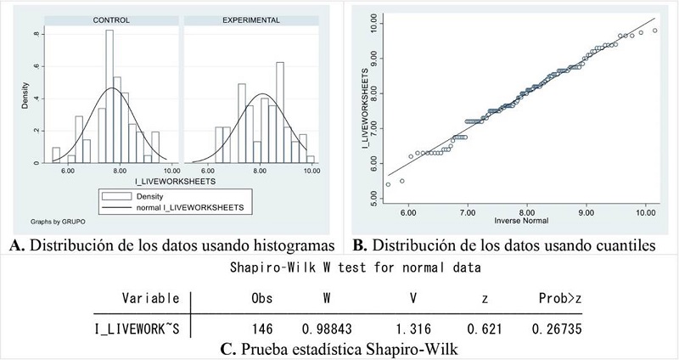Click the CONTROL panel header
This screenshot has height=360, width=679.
click(110, 19)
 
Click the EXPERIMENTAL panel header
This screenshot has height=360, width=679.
click(251, 19)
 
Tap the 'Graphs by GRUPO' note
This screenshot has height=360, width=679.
click(54, 220)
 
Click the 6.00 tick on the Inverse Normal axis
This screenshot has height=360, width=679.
click(408, 213)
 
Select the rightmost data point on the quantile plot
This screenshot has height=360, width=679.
click(654, 31)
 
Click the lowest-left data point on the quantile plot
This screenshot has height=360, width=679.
click(388, 184)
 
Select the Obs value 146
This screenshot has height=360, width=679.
click(263, 328)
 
